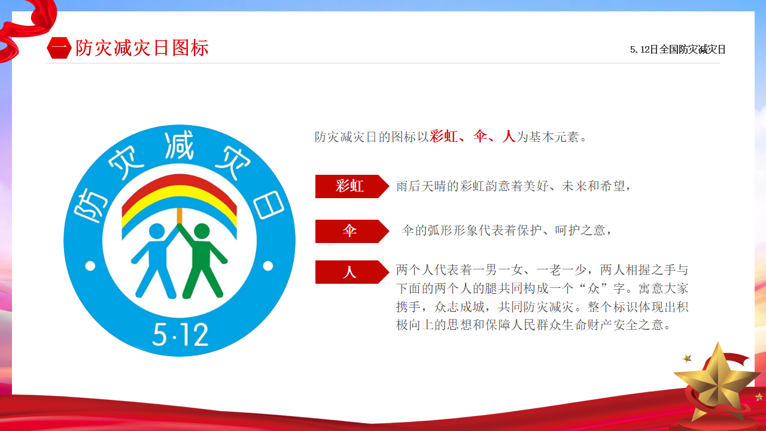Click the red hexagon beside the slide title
pos(59,48)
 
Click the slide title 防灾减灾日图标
pos(142,48)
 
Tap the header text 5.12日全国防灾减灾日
pos(677,50)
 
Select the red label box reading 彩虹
pos(352,186)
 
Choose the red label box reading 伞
pos(352,231)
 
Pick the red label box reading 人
pos(352,272)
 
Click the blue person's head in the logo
pos(157,231)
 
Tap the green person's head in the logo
pos(202,231)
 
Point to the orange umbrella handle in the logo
pos(179,216)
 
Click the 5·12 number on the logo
pos(180,335)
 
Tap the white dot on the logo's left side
pos(90,266)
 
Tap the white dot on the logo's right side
pos(268,266)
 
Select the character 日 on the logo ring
pos(269,205)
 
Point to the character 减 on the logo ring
pos(179,145)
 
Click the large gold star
pos(718,381)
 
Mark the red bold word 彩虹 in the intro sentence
pos(443,136)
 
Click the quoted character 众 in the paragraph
pos(593,289)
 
